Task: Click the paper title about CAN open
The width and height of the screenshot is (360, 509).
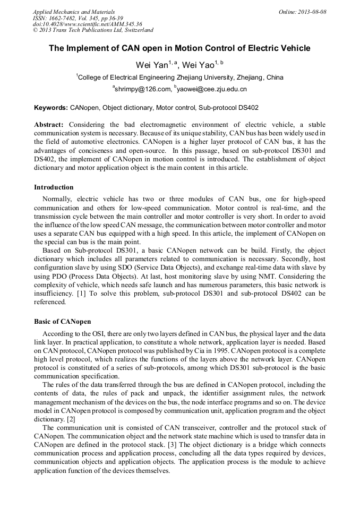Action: [x=179, y=48]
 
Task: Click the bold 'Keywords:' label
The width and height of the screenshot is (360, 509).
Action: [x=51, y=108]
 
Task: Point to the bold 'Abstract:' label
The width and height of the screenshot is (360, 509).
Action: [x=49, y=124]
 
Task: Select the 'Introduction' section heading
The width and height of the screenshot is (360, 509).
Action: [x=54, y=187]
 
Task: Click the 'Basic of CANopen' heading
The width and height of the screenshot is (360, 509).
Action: [x=63, y=322]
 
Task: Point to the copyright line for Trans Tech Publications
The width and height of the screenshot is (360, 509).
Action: [x=93, y=31]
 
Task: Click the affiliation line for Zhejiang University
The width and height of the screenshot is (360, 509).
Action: [x=179, y=77]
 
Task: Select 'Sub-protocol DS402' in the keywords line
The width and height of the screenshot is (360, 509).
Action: [x=228, y=108]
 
